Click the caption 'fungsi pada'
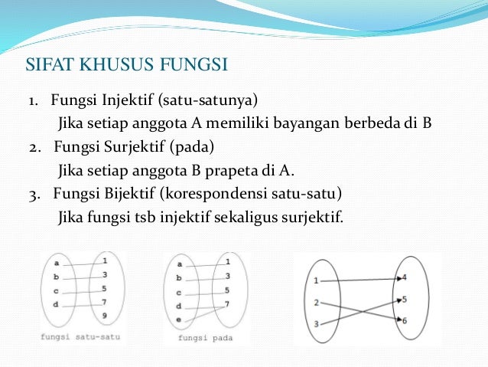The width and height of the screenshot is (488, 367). (x=204, y=337)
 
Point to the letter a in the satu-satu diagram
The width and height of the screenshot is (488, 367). (x=57, y=263)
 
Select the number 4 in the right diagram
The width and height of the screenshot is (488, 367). (x=404, y=277)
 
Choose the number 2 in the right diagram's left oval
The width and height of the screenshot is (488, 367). (x=316, y=303)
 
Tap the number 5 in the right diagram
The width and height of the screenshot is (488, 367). (x=404, y=299)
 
